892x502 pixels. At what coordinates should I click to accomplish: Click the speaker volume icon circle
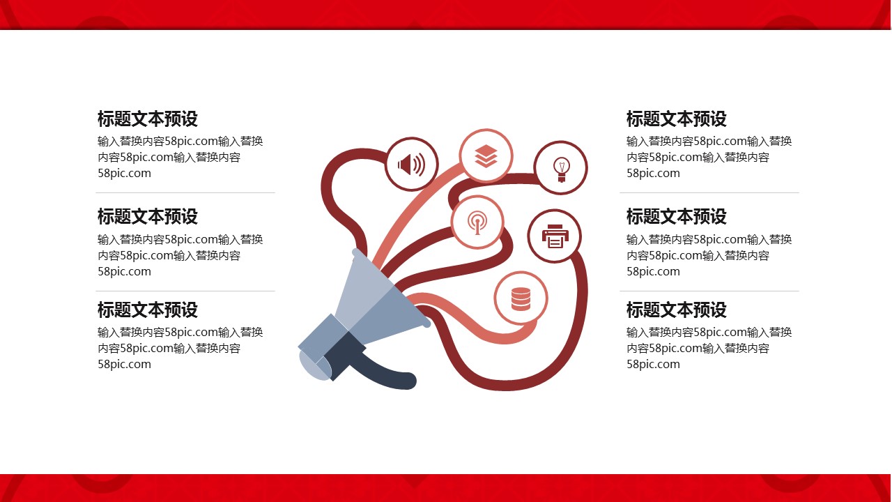pos(412,164)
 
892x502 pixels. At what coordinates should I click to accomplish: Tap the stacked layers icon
pos(486,155)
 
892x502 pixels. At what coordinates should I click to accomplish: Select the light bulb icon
pos(562,169)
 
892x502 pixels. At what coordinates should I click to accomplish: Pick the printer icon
pos(555,236)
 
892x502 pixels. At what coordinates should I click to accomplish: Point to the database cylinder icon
pos(521,299)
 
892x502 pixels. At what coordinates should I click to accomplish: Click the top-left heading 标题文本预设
pos(148,119)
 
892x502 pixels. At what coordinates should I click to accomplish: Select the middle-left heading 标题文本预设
pos(148,216)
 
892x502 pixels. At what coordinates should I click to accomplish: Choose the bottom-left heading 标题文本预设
pos(148,310)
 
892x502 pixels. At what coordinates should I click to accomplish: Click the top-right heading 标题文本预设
pos(677,119)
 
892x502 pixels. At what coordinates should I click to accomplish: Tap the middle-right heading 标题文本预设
pos(677,216)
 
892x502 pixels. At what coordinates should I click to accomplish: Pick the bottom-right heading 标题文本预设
pos(677,310)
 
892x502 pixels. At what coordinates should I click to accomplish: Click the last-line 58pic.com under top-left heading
pos(124,174)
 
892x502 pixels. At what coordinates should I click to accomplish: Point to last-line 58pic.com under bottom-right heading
pos(653,364)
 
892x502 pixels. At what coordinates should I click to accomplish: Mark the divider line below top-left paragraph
pos(185,193)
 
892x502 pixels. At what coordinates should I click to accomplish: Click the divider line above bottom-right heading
pos(709,291)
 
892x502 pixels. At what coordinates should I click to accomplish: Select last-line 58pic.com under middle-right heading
pos(653,272)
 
